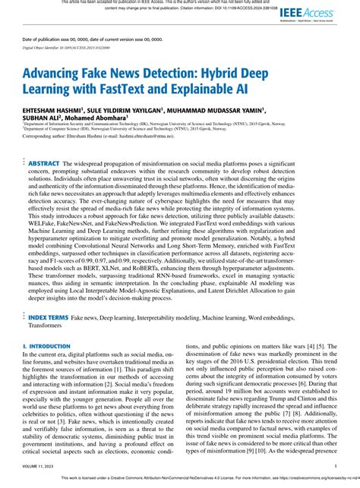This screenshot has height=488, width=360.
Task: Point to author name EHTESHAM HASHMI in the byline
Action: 52,110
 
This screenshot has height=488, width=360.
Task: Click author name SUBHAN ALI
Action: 43,118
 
